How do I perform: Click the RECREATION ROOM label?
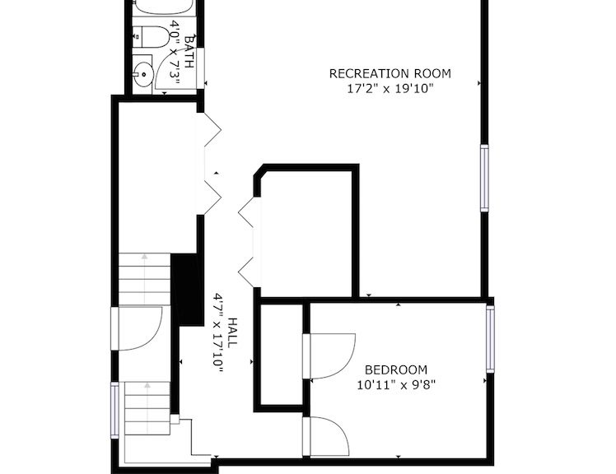click(390, 74)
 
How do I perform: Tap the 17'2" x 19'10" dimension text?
click(390, 88)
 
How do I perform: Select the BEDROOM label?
click(396, 370)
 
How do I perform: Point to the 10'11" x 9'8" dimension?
click(396, 384)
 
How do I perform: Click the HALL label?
click(232, 332)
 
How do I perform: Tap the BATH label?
click(189, 52)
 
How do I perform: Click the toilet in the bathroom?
click(152, 37)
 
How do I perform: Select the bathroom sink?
click(142, 74)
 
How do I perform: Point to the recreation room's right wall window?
click(485, 178)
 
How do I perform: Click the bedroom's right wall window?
click(490, 339)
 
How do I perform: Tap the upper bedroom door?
click(329, 356)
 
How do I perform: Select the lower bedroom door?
click(326, 437)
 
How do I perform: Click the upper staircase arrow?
click(145, 278)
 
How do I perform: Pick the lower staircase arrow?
click(147, 407)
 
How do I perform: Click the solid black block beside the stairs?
click(188, 290)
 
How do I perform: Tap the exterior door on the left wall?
click(137, 328)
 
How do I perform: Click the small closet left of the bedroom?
click(282, 355)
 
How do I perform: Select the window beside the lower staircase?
click(114, 411)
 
